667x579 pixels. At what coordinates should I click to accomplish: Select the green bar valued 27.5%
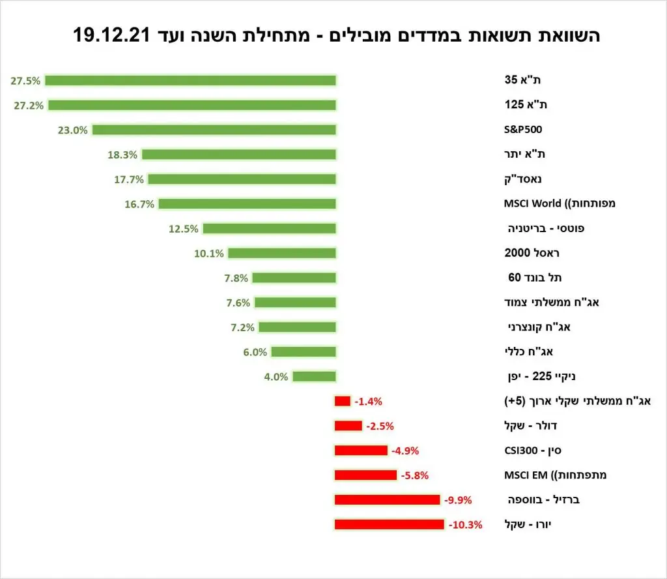(x=190, y=80)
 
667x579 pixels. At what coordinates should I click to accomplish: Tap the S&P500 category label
(x=523, y=130)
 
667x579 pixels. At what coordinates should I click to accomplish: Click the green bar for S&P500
(x=214, y=130)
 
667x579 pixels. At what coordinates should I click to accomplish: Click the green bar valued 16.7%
(x=248, y=204)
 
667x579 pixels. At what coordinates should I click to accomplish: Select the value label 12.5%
(x=184, y=229)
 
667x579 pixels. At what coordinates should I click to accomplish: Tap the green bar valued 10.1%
(x=282, y=253)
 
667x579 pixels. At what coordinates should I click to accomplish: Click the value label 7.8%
(x=235, y=278)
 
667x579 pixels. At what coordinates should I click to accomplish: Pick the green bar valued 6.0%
(x=304, y=352)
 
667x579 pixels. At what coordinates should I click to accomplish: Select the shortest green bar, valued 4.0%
(x=314, y=376)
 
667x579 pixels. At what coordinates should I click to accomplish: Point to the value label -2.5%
(x=380, y=426)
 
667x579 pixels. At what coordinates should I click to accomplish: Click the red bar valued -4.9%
(x=361, y=451)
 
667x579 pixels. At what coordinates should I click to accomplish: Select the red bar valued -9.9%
(x=387, y=500)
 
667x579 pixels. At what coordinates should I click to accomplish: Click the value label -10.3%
(x=465, y=524)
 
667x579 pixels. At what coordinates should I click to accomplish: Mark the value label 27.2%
(x=27, y=105)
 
